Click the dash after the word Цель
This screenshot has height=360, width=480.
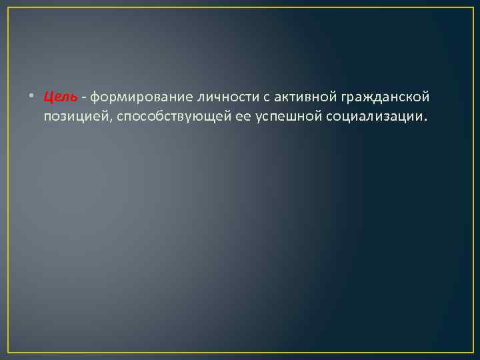pyautogui.click(x=85, y=97)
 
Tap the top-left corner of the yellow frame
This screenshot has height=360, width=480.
pyautogui.click(x=8, y=7)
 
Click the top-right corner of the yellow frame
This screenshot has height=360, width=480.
pyautogui.click(x=472, y=7)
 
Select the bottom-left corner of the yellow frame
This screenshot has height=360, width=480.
pyautogui.click(x=8, y=351)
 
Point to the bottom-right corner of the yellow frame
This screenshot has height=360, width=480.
pyautogui.click(x=472, y=351)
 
